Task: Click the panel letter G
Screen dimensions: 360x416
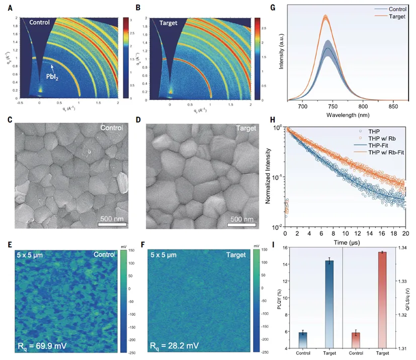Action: point(287,8)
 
